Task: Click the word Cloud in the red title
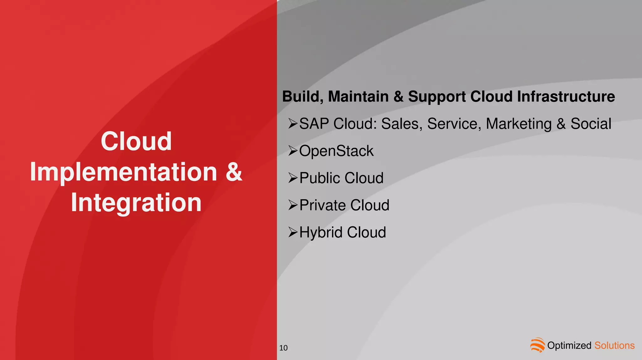136,141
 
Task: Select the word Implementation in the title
124,172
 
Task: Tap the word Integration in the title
136,202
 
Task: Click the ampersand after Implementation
234,172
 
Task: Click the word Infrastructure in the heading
566,97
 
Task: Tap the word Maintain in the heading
358,97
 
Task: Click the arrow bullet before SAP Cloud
293,124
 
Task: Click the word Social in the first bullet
591,124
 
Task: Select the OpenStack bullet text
336,151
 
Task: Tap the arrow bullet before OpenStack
293,151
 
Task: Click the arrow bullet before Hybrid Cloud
293,232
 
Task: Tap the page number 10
283,348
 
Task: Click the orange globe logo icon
537,345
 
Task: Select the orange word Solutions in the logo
614,345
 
